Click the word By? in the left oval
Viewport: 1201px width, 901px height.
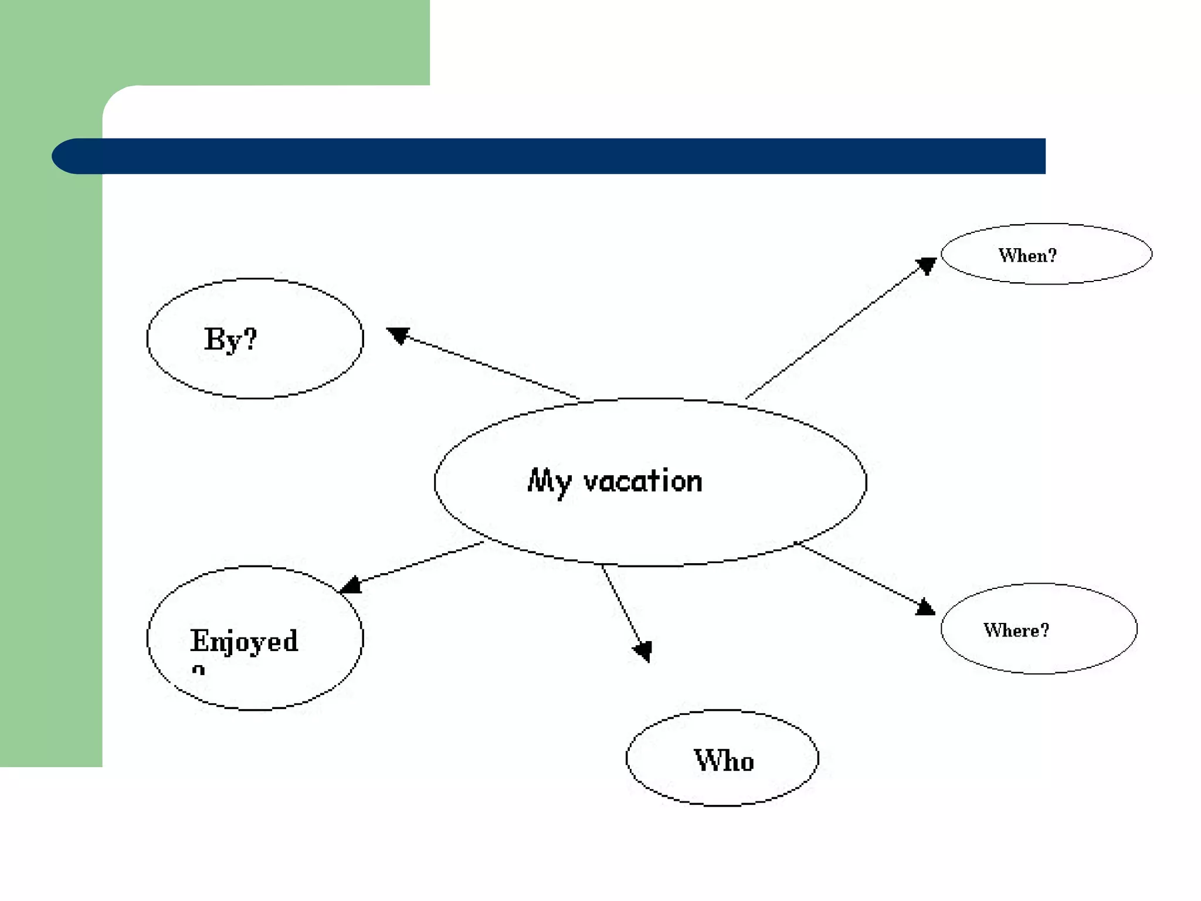[230, 339]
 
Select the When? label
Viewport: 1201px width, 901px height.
[1027, 255]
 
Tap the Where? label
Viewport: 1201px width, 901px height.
[1016, 630]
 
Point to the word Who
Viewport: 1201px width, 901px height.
[724, 760]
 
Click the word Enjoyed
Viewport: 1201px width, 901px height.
[244, 641]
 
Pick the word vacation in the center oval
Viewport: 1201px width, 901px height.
[643, 481]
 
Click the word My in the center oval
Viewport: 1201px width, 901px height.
[549, 482]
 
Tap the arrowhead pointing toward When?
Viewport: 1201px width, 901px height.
[926, 265]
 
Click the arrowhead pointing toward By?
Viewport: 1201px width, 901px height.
[398, 335]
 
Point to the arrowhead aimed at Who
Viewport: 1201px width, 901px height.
[643, 650]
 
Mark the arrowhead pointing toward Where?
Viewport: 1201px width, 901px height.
[925, 607]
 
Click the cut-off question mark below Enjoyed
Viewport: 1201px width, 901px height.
[199, 670]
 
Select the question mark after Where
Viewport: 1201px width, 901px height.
[1044, 629]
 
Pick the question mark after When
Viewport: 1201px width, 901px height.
[1052, 255]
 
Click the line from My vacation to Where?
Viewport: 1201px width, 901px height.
[859, 574]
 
